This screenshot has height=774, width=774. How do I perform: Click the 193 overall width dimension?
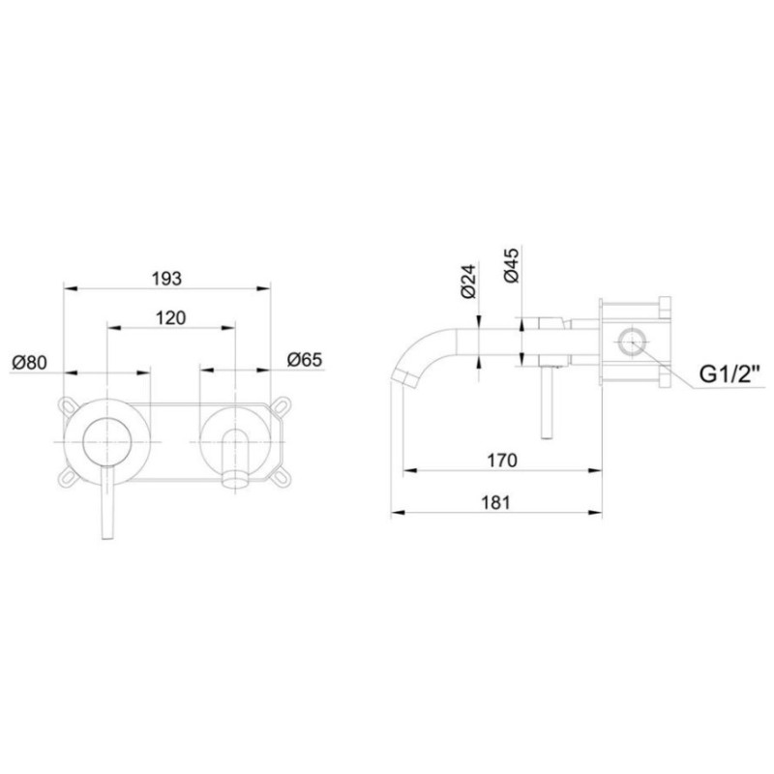point(166,278)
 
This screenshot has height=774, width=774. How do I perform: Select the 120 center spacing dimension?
point(170,318)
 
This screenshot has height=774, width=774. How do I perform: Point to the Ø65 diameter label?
point(305,361)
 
